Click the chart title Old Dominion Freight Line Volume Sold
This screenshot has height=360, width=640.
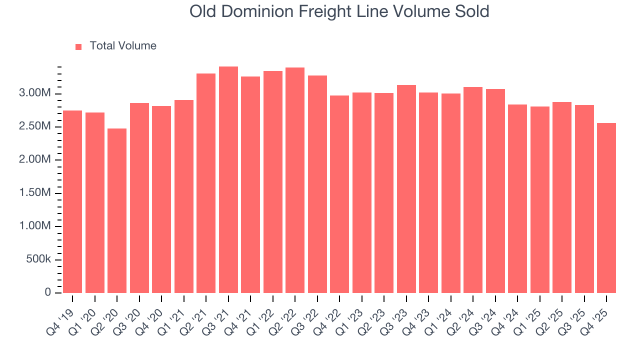point(339,11)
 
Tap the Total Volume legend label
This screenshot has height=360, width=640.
point(123,46)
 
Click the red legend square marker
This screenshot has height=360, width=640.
point(78,47)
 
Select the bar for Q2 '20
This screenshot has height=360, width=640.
point(117,210)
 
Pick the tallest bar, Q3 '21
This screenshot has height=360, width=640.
point(228,179)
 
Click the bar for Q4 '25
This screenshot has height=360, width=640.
point(606,208)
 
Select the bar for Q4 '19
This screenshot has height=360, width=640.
point(72,201)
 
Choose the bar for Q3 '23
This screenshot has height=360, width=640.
point(406,189)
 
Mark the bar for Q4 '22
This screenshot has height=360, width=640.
point(339,194)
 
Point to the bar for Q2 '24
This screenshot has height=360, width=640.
point(473,190)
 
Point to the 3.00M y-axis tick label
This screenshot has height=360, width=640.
point(34,94)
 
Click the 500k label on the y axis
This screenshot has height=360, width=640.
point(38,260)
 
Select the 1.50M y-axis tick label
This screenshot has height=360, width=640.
point(34,193)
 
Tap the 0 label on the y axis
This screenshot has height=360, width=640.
point(48,292)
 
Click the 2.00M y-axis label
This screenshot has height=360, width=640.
point(34,160)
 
